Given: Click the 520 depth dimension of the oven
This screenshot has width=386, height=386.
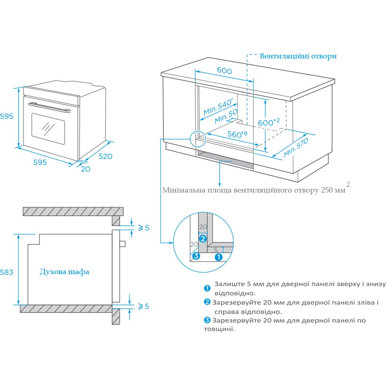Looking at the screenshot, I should pos(105,156).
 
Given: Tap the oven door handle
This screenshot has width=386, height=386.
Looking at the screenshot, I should pos(50,107).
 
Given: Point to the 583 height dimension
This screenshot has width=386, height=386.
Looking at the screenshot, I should pos(7,272).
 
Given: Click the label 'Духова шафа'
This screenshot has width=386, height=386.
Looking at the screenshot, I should pos(64,272).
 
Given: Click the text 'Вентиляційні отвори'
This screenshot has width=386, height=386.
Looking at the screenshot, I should pos(298,56).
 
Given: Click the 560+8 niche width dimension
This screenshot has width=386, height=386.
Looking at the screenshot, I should pos(237,135).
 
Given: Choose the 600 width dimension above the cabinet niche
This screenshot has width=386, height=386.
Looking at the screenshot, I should pos(224,71).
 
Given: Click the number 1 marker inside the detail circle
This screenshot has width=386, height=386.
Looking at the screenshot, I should pos(218,257).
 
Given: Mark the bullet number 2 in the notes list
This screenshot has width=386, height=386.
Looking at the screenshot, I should pos(208,302).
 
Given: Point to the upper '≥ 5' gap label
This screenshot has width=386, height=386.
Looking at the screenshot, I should pos(143,227).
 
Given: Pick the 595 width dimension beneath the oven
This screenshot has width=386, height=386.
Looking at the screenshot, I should pos(40,163).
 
